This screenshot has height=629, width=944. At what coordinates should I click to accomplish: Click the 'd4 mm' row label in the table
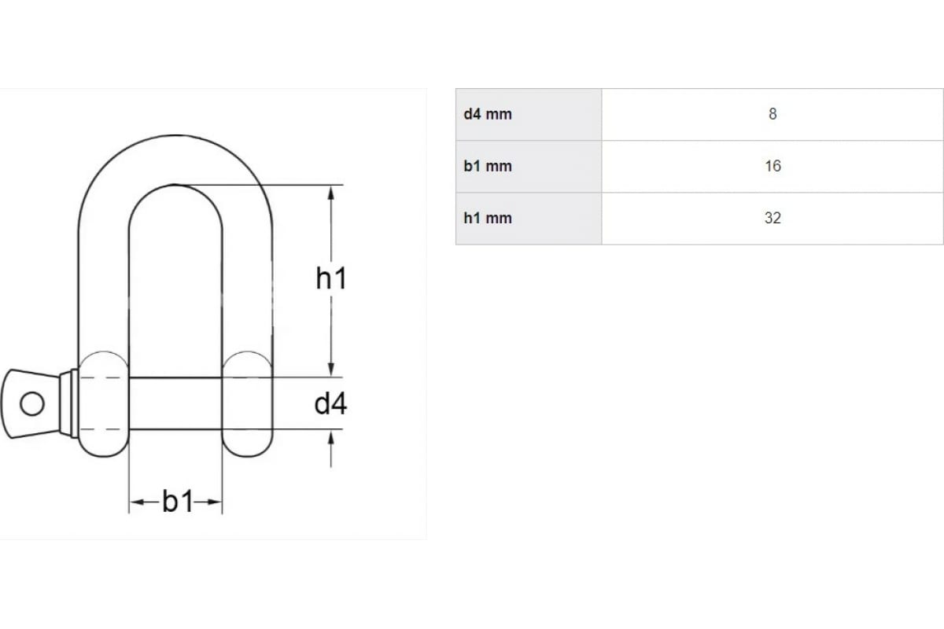click(x=488, y=114)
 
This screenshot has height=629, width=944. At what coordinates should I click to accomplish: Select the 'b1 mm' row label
click(x=488, y=166)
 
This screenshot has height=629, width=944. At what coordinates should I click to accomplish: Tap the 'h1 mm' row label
click(x=488, y=219)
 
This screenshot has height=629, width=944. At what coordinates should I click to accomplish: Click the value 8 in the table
click(x=773, y=114)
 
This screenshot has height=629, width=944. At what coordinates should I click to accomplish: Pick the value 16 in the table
click(x=773, y=166)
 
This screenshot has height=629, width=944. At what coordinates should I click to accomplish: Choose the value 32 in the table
click(x=773, y=218)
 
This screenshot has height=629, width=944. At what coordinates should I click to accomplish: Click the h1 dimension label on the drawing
click(x=331, y=278)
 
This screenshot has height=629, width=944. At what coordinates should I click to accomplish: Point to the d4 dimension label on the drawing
click(x=331, y=403)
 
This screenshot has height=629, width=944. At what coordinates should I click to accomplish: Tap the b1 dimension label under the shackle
click(x=178, y=502)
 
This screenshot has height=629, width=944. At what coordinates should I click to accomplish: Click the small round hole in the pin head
click(x=32, y=403)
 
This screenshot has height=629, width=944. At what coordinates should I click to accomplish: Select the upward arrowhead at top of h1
click(x=331, y=193)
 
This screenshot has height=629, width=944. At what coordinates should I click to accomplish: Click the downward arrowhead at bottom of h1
click(x=331, y=368)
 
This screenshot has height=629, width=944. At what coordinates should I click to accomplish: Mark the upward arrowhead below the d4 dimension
click(x=331, y=438)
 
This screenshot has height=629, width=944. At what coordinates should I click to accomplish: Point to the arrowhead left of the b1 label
click(x=138, y=502)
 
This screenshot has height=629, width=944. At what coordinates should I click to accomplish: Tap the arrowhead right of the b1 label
click(x=214, y=502)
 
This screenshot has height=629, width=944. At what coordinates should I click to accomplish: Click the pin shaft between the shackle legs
click(x=175, y=403)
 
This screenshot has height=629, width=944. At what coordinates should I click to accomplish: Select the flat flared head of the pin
click(x=31, y=403)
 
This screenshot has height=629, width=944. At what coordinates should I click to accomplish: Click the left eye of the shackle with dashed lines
click(x=103, y=403)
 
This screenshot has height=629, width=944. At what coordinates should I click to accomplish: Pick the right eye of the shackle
click(x=247, y=403)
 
